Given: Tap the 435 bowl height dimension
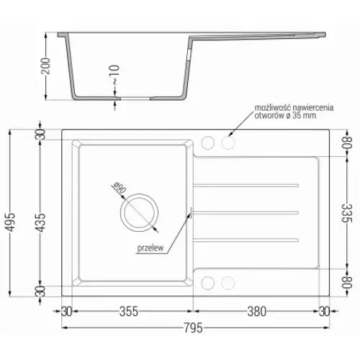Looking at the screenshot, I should pyautogui.click(x=45, y=215).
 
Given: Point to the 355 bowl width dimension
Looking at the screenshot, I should pyautogui.click(x=129, y=312).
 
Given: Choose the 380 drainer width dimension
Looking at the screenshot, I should pyautogui.click(x=256, y=312).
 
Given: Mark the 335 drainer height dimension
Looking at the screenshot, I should pyautogui.click(x=345, y=213).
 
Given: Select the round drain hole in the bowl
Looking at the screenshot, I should pyautogui.click(x=139, y=212).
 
